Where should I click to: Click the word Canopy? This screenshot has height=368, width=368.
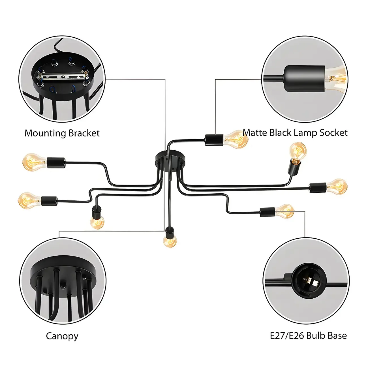pos(62,336)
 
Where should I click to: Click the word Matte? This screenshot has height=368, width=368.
pos(255,132)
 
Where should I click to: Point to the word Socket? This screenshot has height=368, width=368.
pos(333,132)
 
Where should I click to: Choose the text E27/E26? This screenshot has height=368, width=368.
pos(287,335)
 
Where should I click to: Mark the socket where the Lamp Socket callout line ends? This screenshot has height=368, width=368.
pos(214,140)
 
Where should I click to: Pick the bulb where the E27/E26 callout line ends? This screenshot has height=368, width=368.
pos(285,211)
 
